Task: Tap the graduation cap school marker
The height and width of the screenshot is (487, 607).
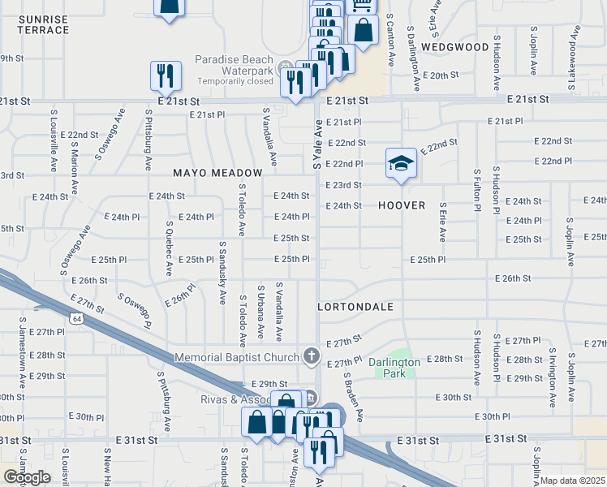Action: [x=400, y=163]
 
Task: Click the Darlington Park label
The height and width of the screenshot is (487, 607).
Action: [x=393, y=368]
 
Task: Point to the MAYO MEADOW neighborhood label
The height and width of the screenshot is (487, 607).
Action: [x=217, y=173]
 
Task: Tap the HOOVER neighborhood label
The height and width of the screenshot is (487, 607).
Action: [x=402, y=205]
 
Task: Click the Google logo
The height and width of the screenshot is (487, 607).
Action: [x=27, y=476]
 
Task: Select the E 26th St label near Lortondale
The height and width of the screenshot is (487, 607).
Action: [x=514, y=278]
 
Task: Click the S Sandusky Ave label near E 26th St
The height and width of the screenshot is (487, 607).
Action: [x=222, y=272]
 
